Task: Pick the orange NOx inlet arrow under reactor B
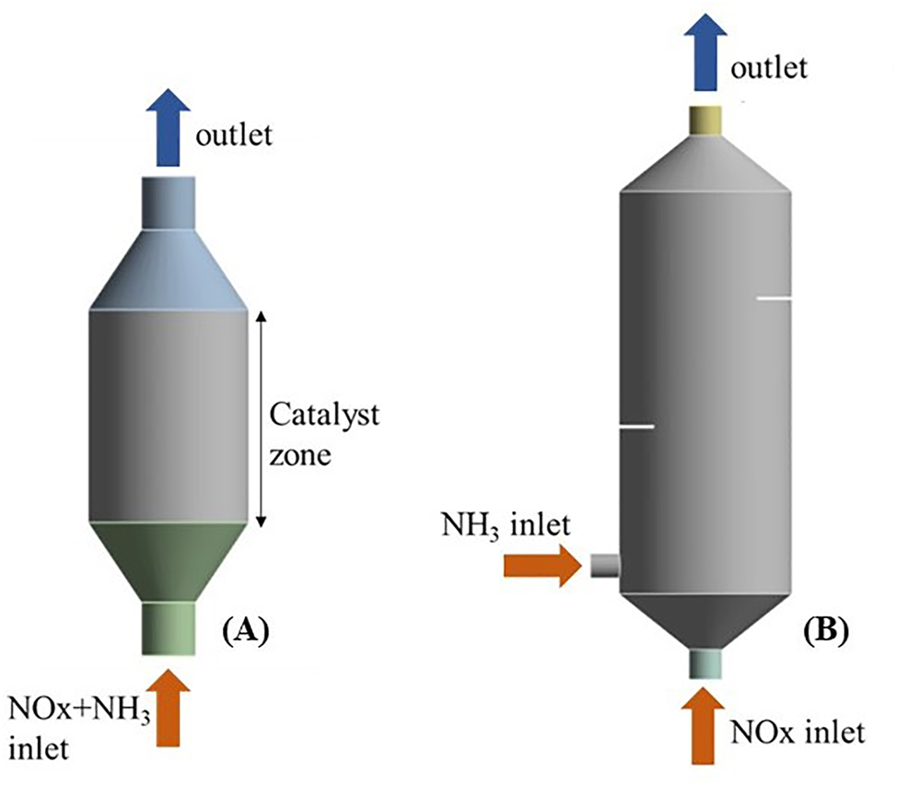click(705, 728)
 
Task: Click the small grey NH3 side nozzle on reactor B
click(604, 565)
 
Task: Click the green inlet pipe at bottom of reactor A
click(168, 628)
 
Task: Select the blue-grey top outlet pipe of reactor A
click(168, 200)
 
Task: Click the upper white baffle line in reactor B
click(774, 299)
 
